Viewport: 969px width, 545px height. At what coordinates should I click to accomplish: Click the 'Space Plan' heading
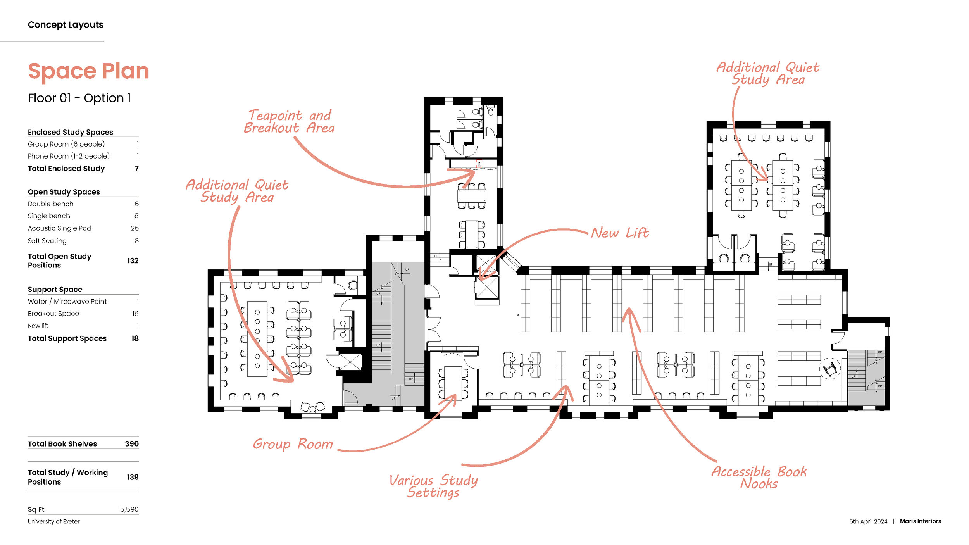point(88,71)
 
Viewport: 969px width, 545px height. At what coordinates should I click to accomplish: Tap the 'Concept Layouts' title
point(66,25)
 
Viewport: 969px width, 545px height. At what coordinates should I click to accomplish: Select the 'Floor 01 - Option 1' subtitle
point(79,98)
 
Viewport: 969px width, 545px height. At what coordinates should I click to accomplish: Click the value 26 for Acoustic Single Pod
point(134,228)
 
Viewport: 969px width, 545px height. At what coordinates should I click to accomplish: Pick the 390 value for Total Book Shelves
point(132,444)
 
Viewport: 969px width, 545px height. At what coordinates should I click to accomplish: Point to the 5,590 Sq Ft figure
point(129,509)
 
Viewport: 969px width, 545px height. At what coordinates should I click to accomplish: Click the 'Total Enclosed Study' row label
point(66,169)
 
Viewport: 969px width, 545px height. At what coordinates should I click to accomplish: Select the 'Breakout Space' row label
point(53,314)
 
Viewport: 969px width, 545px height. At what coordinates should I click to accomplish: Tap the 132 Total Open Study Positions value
point(133,261)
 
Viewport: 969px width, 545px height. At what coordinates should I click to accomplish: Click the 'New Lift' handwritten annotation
point(620,233)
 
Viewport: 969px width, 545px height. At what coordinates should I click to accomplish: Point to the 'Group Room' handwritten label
point(293,444)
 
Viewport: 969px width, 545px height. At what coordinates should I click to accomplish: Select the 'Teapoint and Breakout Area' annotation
point(289,122)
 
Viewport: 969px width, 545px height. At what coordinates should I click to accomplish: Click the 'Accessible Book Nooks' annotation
point(759,478)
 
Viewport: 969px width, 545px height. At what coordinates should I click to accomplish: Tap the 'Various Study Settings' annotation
point(433,486)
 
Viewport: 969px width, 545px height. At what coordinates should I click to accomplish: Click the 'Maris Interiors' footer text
point(920,521)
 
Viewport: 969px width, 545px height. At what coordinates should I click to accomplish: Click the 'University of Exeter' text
point(54,522)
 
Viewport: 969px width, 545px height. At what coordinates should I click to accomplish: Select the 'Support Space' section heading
point(55,290)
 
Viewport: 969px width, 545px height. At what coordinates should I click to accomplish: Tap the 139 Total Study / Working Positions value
point(133,477)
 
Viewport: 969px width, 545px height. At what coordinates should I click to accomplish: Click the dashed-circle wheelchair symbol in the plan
point(830,369)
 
